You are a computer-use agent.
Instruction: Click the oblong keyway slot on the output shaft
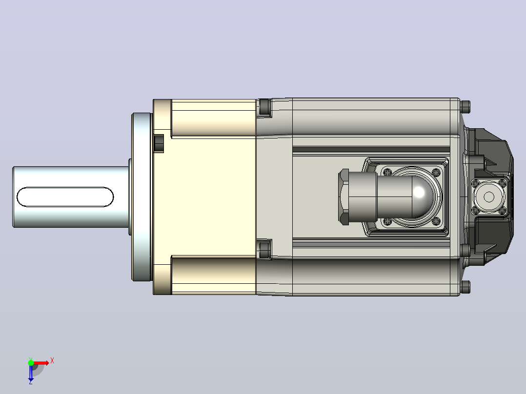click(65, 197)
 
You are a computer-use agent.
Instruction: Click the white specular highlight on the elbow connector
click(419, 193)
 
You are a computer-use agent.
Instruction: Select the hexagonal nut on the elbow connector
click(344, 197)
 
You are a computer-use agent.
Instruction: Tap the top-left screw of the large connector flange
click(387, 172)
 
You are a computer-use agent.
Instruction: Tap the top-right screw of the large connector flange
click(436, 172)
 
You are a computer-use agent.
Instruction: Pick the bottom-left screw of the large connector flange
click(387, 221)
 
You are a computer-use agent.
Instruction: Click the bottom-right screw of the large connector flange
click(436, 221)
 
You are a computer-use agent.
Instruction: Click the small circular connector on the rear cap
click(489, 197)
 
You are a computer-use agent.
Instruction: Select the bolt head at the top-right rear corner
click(465, 107)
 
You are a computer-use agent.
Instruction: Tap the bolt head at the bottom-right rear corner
click(465, 287)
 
